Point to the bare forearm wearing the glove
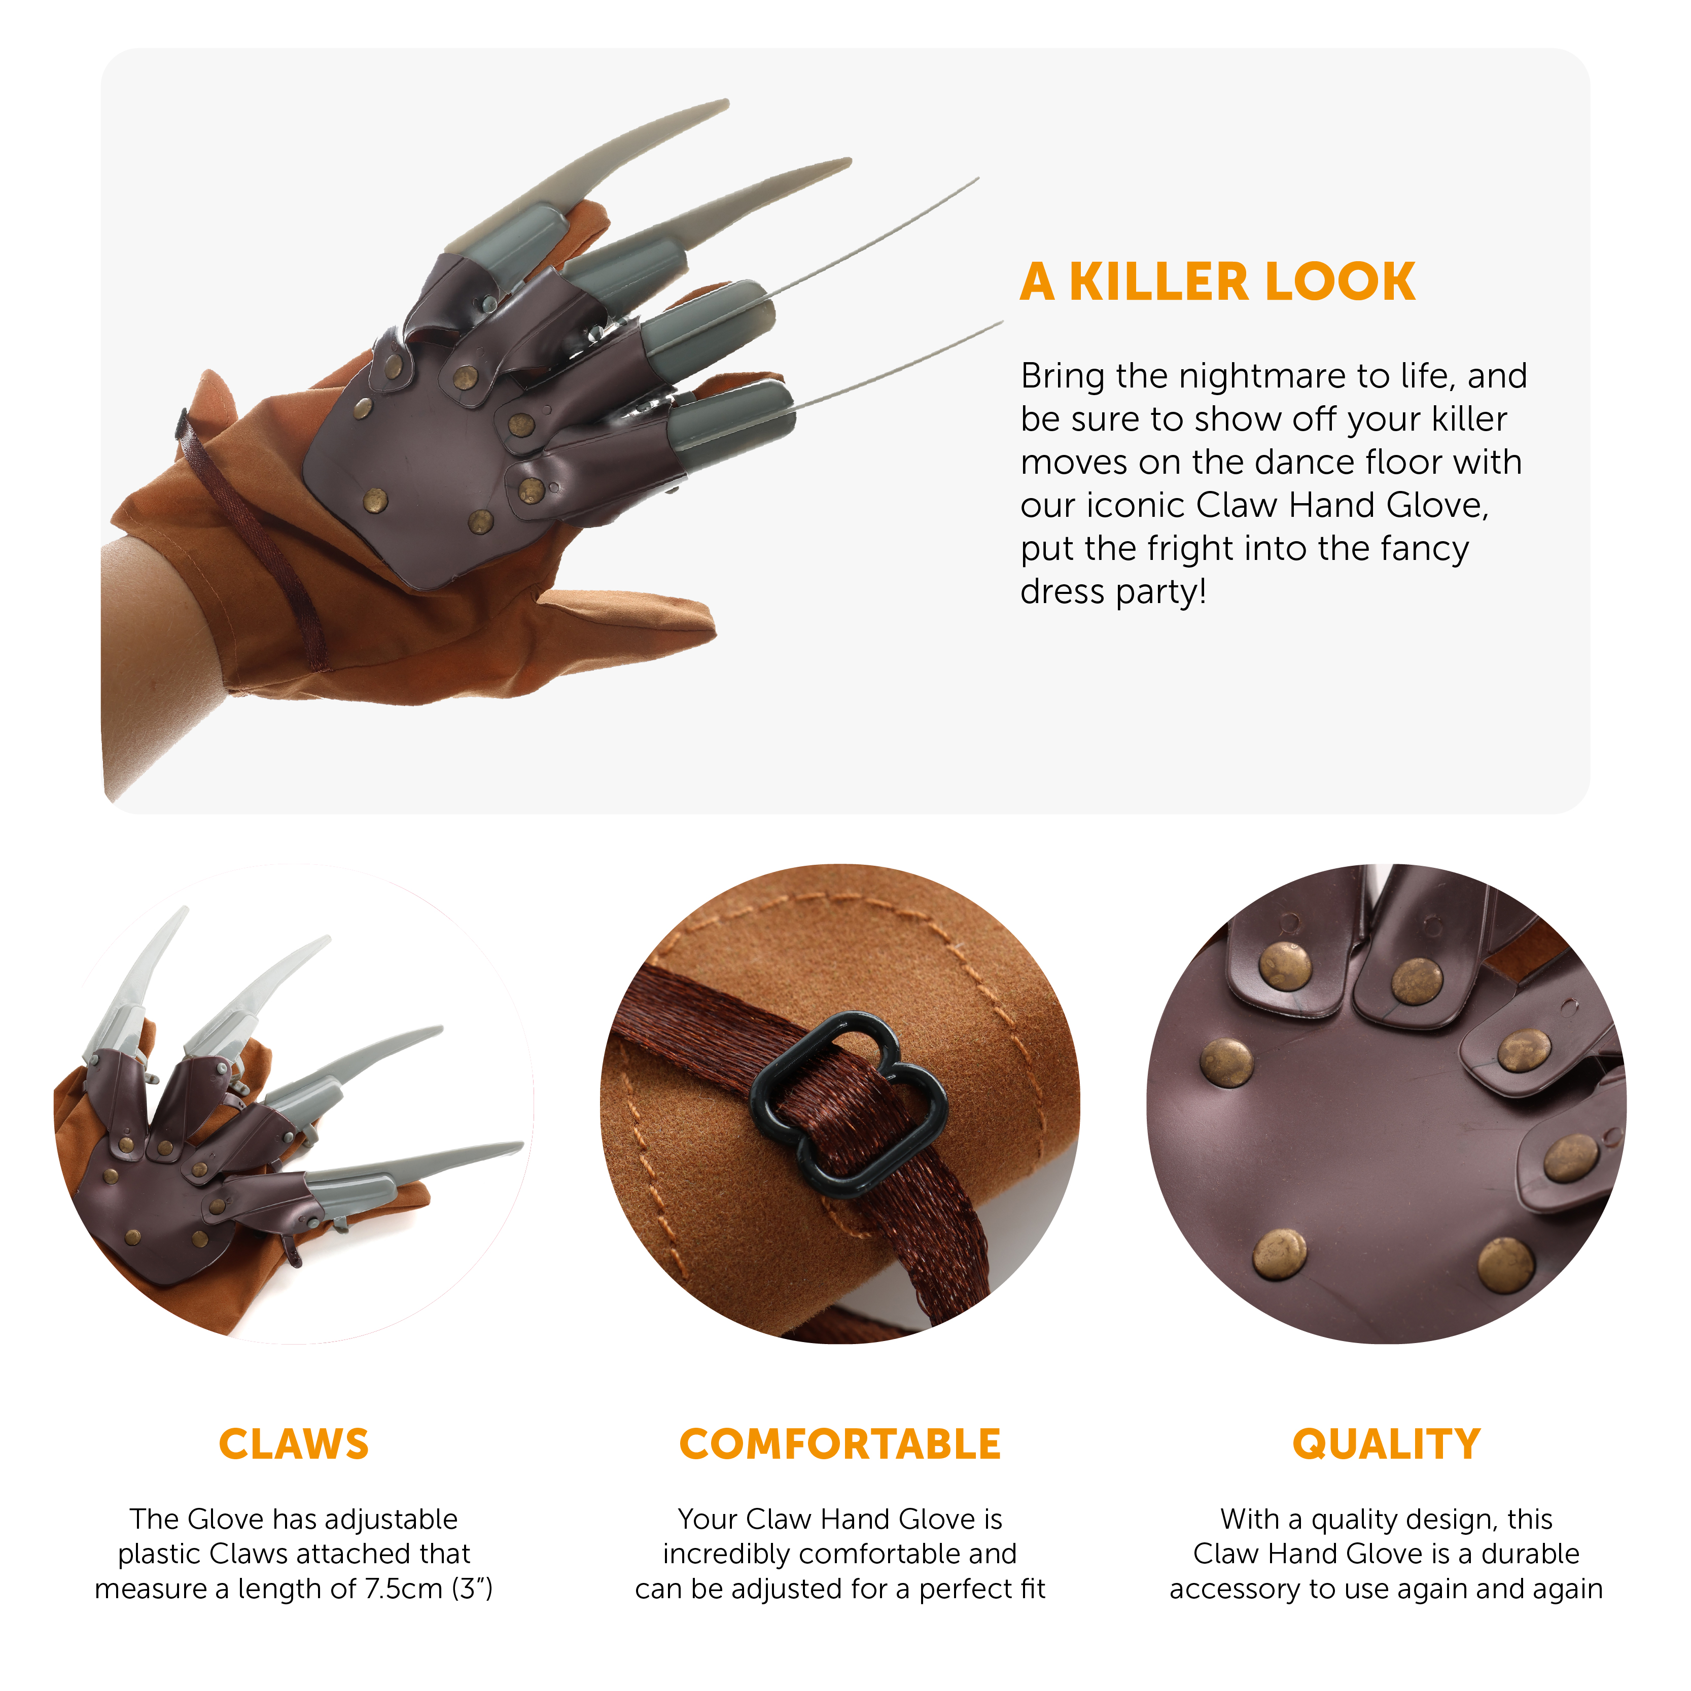(158, 665)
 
